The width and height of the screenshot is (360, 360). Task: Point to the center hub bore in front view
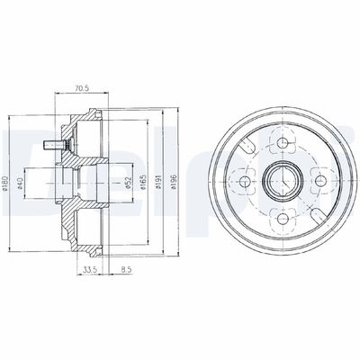pos(281,180)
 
